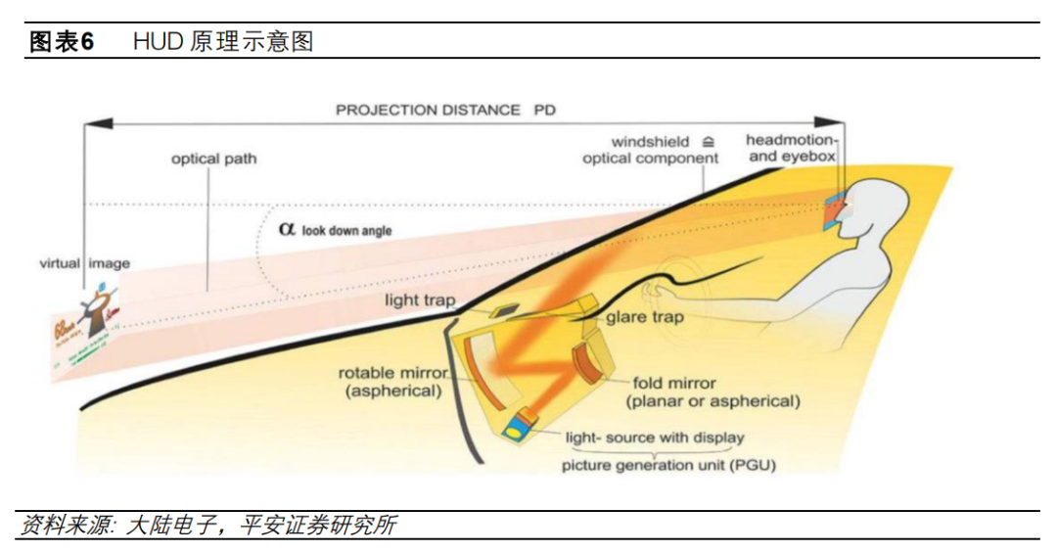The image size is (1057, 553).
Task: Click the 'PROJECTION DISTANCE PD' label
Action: (445, 110)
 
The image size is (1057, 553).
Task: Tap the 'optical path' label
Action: (214, 159)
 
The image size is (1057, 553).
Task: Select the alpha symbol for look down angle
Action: (286, 229)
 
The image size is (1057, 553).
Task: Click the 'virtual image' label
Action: (84, 263)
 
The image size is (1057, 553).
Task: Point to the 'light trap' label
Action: (420, 300)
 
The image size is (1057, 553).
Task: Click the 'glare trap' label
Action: (644, 317)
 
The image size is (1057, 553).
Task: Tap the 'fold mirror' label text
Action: (674, 383)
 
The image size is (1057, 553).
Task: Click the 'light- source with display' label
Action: (655, 438)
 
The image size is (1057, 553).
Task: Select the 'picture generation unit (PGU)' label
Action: (667, 466)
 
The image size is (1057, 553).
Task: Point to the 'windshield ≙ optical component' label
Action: (650, 150)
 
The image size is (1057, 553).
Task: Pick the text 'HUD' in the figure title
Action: (157, 42)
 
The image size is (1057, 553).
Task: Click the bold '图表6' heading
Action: (61, 42)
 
